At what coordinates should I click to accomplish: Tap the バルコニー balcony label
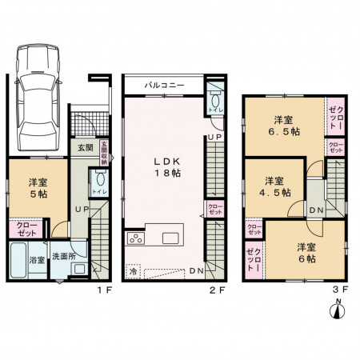point(165,83)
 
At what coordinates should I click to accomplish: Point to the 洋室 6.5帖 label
point(283,123)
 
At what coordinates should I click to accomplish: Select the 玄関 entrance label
point(86,148)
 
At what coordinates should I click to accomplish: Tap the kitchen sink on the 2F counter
point(171,238)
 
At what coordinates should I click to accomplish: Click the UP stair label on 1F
point(81,210)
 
